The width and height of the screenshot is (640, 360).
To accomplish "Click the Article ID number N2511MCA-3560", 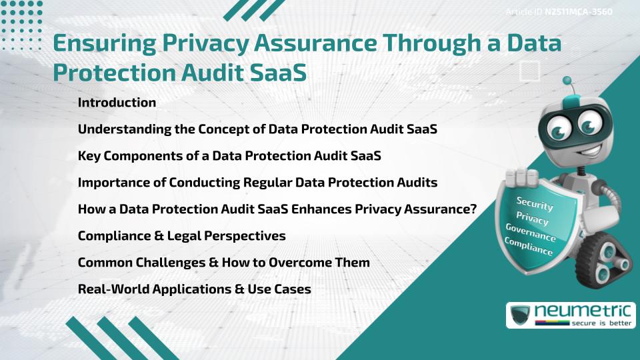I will [x=579, y=11].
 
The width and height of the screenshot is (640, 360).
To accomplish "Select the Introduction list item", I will [x=117, y=103].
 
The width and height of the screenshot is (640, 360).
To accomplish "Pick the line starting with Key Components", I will [x=229, y=156].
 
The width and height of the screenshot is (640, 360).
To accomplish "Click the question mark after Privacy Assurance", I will [x=472, y=209].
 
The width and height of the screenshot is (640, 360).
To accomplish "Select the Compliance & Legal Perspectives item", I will [x=181, y=236].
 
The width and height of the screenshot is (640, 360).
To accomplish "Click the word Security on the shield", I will [x=535, y=203].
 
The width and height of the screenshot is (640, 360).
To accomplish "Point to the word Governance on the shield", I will [x=531, y=233].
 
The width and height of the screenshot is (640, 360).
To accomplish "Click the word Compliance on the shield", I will [x=529, y=247].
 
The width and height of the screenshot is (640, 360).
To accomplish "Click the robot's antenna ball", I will [x=567, y=81].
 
